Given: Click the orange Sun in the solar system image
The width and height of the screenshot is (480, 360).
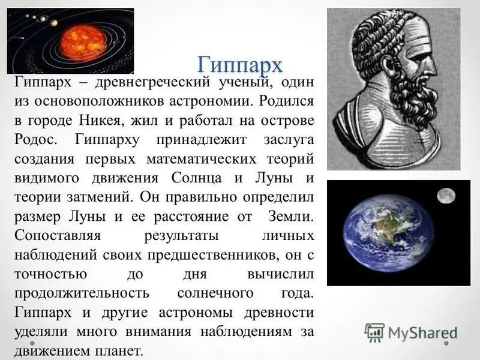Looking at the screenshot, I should click(x=83, y=40).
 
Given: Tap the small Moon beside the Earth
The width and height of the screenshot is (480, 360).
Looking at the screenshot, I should click(x=445, y=195).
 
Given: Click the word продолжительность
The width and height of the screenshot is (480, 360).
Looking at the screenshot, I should click(x=81, y=293).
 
